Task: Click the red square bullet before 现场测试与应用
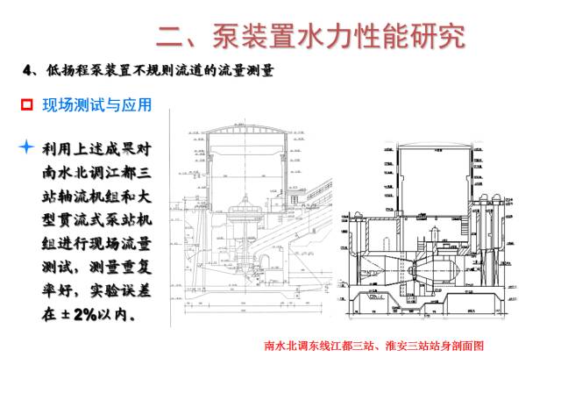pos(26,105)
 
